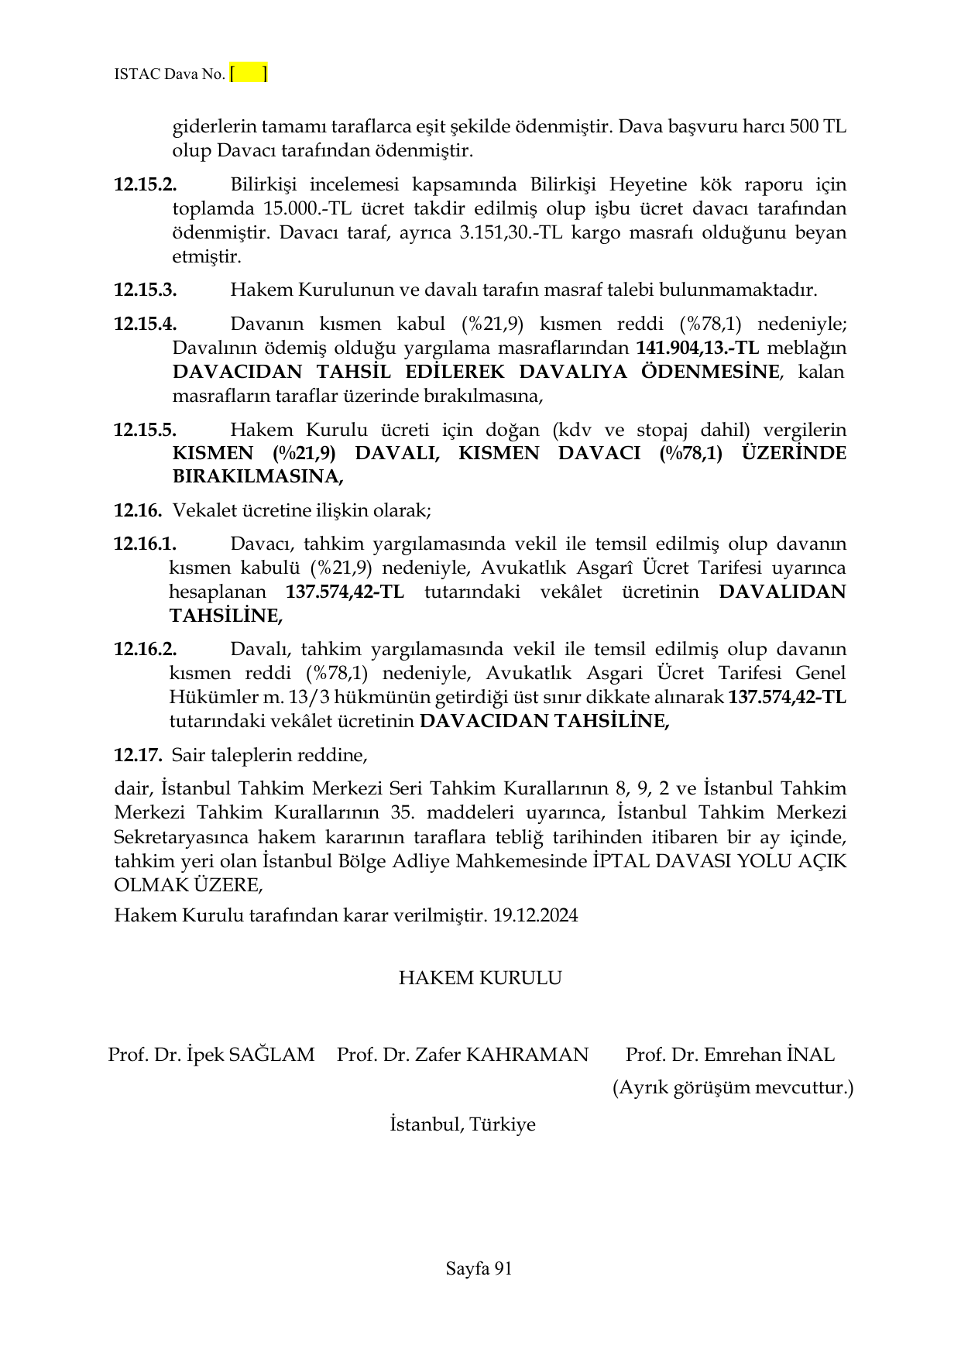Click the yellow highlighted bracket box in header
249,74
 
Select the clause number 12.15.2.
146,185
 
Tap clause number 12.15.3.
146,290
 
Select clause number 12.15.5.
146,431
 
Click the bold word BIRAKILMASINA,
257,477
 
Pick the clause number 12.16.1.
146,544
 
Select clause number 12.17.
138,754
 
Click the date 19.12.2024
535,915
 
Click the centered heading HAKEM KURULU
480,978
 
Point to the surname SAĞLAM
272,1055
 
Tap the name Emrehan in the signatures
743,1055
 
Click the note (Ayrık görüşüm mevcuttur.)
733,1088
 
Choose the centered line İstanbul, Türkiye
462,1124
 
